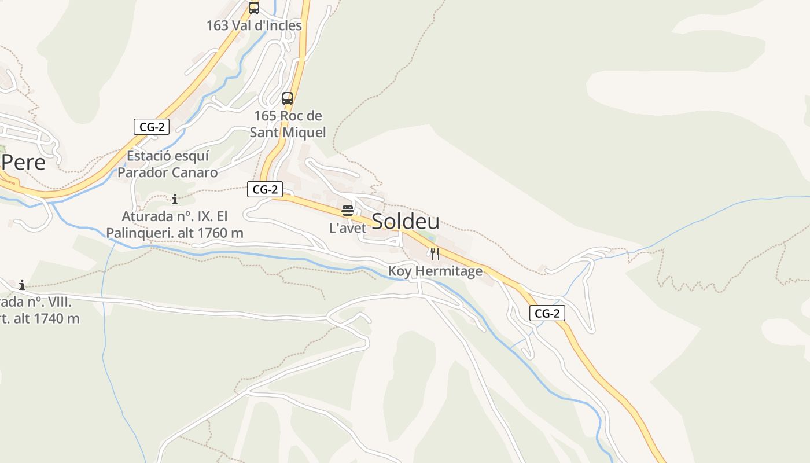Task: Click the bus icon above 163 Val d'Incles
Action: pyautogui.click(x=253, y=8)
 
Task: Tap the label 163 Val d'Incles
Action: pyautogui.click(x=254, y=25)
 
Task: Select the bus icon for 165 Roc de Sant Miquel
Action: pyautogui.click(x=288, y=98)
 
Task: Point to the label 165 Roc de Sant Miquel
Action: pyautogui.click(x=288, y=124)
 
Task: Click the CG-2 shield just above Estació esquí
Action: pyautogui.click(x=152, y=127)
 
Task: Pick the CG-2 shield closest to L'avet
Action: pyautogui.click(x=265, y=189)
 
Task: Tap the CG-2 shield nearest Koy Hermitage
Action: pyautogui.click(x=547, y=313)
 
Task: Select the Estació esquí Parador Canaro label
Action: pyautogui.click(x=168, y=164)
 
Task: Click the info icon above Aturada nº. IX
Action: pyautogui.click(x=175, y=200)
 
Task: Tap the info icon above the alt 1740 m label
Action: pyautogui.click(x=22, y=285)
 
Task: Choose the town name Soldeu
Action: pyautogui.click(x=405, y=221)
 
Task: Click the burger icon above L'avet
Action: pyautogui.click(x=347, y=210)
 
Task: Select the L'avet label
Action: pyautogui.click(x=348, y=228)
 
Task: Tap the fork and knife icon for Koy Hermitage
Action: pyautogui.click(x=435, y=253)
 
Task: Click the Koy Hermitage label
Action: pyautogui.click(x=435, y=271)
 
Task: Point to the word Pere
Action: pyautogui.click(x=23, y=163)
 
